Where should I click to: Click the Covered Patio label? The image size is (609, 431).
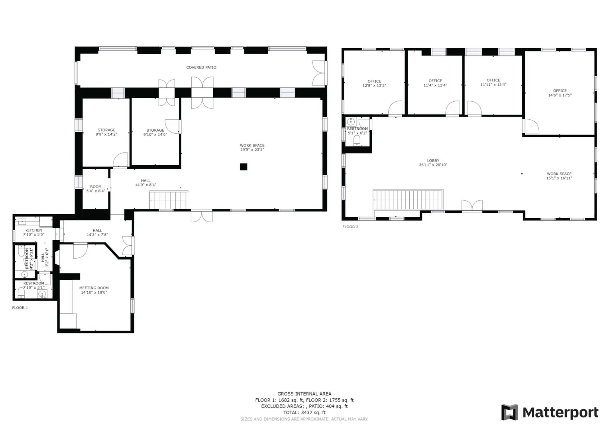(x=201, y=67)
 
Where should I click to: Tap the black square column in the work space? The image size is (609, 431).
(x=244, y=167)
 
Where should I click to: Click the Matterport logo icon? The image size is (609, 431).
(x=509, y=412)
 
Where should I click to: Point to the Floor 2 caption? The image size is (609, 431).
(x=350, y=227)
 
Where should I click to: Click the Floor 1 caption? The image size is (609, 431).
(x=20, y=308)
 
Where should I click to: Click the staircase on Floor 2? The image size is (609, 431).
(x=408, y=200)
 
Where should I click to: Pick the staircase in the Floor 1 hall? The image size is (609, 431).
(x=168, y=200)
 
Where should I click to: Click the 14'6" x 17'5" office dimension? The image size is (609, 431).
(x=560, y=95)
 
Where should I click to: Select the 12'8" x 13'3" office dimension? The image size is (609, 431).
(x=374, y=85)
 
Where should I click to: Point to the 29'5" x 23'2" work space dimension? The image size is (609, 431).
(x=252, y=150)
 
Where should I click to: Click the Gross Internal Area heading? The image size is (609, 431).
(x=304, y=394)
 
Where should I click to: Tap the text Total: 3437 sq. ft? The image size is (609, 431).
(x=304, y=413)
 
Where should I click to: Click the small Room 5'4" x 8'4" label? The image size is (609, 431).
(x=96, y=189)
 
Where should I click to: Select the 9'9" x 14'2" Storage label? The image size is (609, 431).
(x=106, y=132)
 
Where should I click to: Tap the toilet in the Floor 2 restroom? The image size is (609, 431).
(x=357, y=141)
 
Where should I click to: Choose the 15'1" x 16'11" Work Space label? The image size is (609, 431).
(x=559, y=176)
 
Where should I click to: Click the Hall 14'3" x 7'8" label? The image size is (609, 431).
(x=97, y=233)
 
